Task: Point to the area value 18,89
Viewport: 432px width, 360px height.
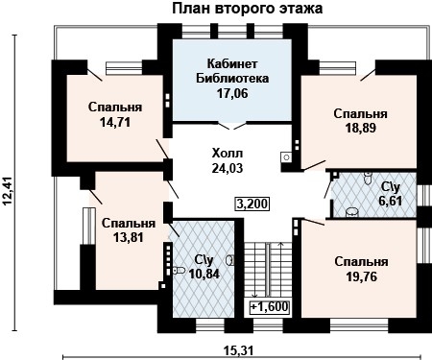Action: [361, 128]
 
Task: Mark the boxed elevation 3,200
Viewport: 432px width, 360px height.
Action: [252, 204]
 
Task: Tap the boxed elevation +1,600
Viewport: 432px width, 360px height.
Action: [269, 308]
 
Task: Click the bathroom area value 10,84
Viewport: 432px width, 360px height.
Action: [204, 275]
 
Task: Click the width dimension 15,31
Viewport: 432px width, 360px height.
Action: [237, 349]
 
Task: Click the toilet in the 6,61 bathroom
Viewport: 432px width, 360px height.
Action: [352, 211]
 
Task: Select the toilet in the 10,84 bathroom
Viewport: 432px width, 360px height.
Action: [179, 272]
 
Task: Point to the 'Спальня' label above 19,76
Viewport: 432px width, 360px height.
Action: [361, 261]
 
